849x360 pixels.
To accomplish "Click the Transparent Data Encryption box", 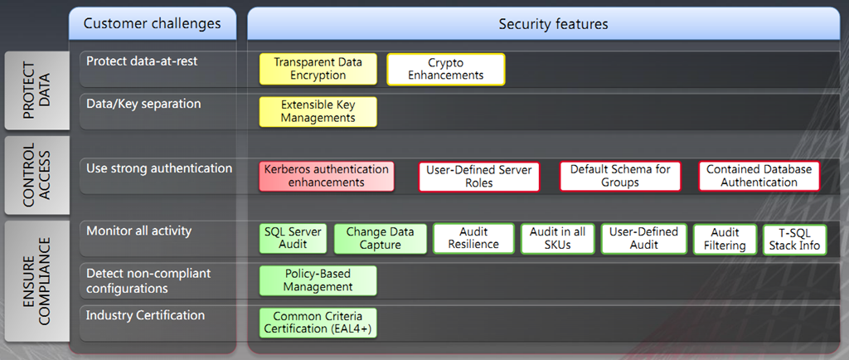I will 318,69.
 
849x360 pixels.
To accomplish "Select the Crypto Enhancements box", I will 445,69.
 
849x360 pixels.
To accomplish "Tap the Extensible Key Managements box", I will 318,112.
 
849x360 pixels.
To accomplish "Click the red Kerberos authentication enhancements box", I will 326,176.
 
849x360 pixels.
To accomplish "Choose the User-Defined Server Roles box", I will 479,177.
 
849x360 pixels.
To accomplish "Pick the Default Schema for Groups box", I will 619,176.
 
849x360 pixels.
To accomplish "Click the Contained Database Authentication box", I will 759,176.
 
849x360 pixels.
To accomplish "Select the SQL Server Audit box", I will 293,238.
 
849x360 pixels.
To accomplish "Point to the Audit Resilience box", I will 473,238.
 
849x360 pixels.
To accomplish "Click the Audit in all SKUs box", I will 557,238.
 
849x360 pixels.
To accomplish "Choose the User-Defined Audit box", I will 643,238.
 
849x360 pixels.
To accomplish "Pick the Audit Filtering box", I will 725,239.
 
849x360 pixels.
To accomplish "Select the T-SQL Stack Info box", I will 793,239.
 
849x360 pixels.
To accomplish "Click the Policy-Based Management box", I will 318,280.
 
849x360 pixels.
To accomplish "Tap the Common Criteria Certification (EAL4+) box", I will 318,323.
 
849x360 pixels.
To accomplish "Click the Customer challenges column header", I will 153,24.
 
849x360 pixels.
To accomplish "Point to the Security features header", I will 553,24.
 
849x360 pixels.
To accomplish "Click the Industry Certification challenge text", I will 145,315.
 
